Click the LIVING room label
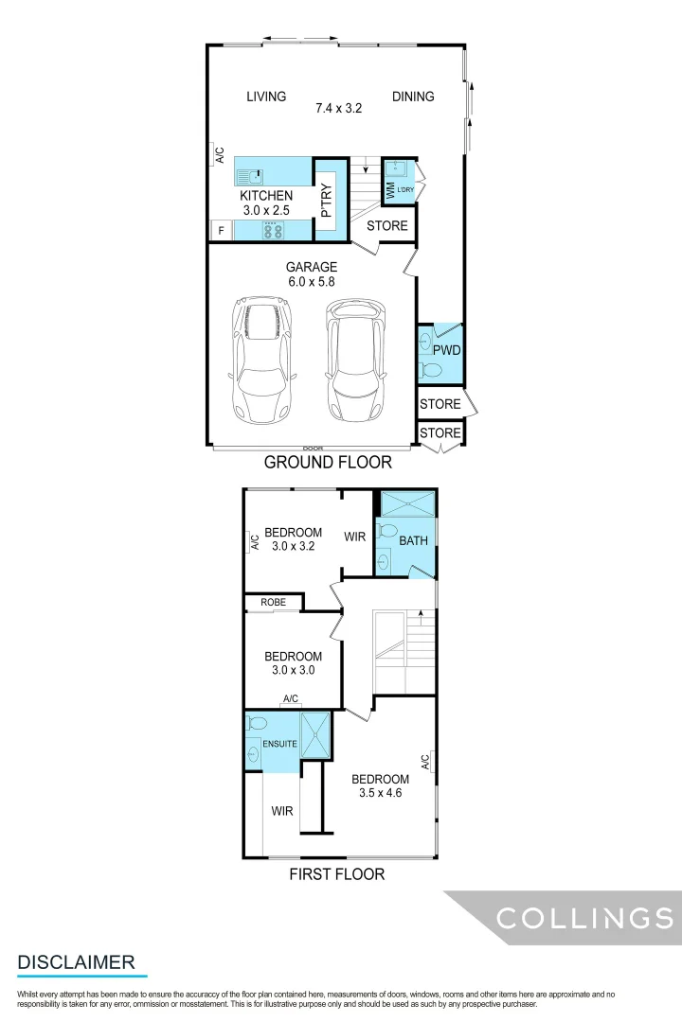coord(266,97)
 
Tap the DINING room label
coord(413,97)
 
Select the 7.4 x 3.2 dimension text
coord(339,109)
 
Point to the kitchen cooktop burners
coord(273,230)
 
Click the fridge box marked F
coord(221,230)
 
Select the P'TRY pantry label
coord(326,200)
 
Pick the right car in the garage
coord(356,361)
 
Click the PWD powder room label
coord(446,350)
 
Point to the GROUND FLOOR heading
coord(328,463)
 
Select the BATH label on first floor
coord(413,541)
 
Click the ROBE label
coord(273,602)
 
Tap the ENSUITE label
coord(279,744)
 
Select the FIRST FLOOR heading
coord(337,874)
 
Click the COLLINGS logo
coord(584,918)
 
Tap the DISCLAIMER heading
coord(76,962)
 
